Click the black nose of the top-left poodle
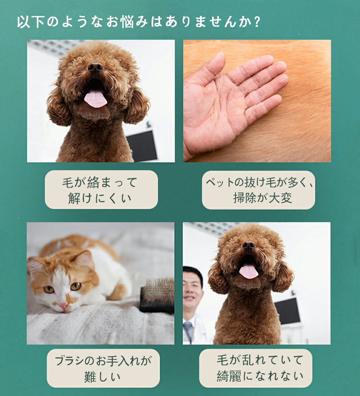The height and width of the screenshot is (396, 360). tap(95, 67)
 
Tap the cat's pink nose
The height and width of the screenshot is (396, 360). tap(63, 306)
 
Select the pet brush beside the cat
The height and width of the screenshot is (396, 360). tap(157, 296)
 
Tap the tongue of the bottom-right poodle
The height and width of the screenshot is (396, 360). tap(249, 271)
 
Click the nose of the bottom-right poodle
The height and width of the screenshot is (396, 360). tap(249, 245)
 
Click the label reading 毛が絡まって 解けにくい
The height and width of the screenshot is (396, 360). tap(101, 190)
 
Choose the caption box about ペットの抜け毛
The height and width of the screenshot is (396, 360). tap(258, 190)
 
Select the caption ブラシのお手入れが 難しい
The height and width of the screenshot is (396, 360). tap(103, 368)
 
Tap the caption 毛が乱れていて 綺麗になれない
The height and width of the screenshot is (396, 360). tap(256, 368)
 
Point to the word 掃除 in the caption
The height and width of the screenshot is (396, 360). tap(242, 198)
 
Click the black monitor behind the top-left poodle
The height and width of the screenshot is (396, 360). tap(142, 145)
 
